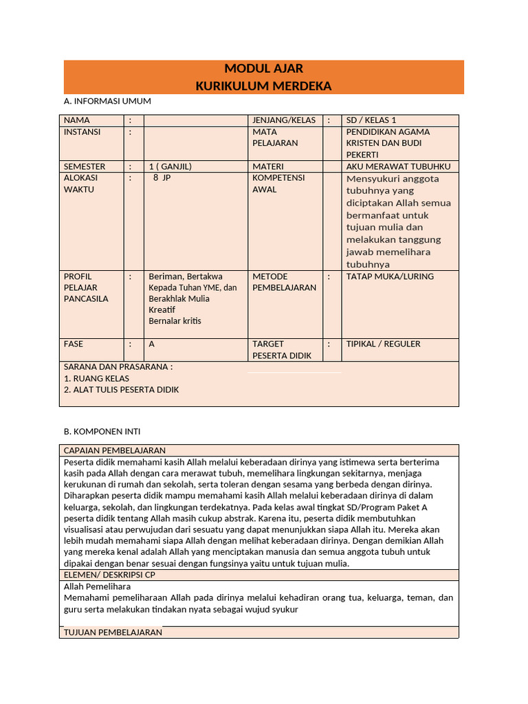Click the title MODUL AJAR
(263, 69)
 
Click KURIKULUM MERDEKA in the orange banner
(263, 86)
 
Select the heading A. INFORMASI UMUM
(107, 101)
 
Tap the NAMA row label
(77, 120)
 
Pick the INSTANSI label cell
(82, 132)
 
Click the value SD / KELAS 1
(371, 120)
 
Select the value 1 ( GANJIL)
(170, 166)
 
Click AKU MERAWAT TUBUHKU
(398, 166)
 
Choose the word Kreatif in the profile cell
(162, 310)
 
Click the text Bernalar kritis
(175, 321)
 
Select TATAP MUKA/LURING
(390, 276)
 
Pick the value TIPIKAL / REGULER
(383, 344)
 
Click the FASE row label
(74, 344)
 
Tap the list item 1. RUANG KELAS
(96, 378)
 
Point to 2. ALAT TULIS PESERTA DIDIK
(121, 390)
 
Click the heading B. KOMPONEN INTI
(102, 432)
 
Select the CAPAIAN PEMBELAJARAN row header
(114, 450)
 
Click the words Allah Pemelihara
(97, 586)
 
